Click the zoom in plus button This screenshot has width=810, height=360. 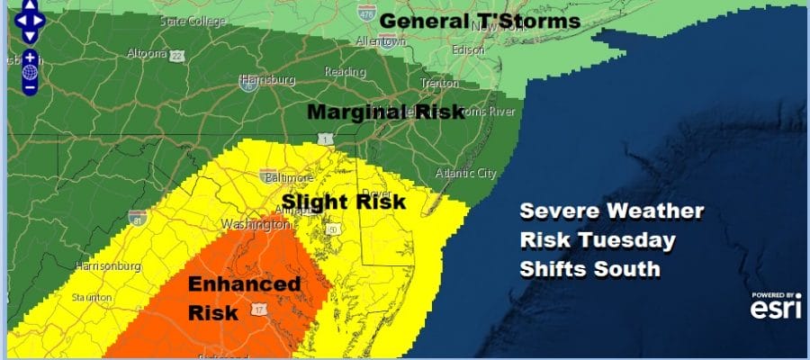[x=30, y=57]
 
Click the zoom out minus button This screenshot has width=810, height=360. [x=30, y=87]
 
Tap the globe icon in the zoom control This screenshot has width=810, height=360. [x=30, y=72]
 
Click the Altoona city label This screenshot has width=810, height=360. [x=148, y=53]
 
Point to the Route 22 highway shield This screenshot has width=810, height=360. [x=179, y=57]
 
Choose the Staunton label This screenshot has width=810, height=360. [x=92, y=297]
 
